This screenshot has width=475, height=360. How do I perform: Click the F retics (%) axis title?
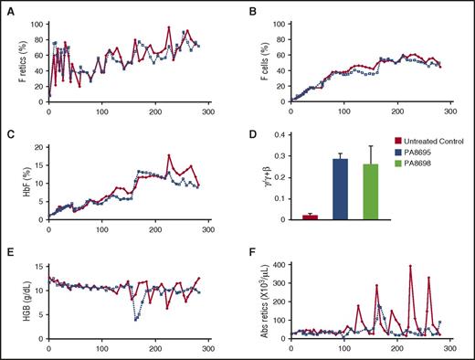[13, 59]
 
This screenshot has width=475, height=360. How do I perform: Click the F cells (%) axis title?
[255, 59]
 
